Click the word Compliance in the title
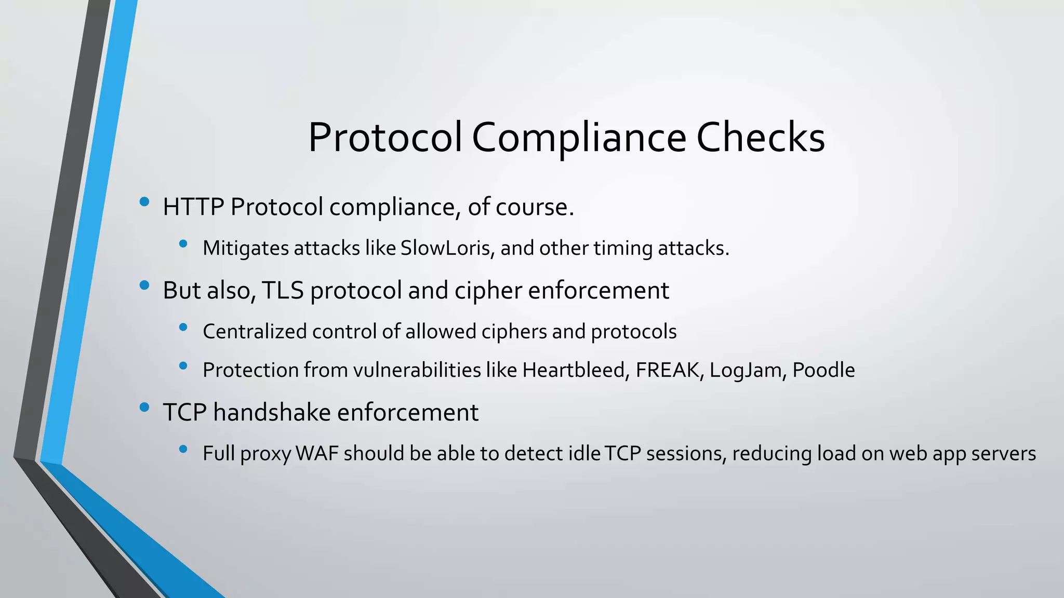point(579,138)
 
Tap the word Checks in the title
point(760,138)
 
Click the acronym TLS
point(283,290)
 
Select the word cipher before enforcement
point(488,290)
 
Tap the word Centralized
point(255,332)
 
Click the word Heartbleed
point(576,370)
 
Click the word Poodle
point(823,370)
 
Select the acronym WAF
point(317,454)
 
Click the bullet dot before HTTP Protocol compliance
point(144,201)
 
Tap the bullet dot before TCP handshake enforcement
point(144,407)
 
